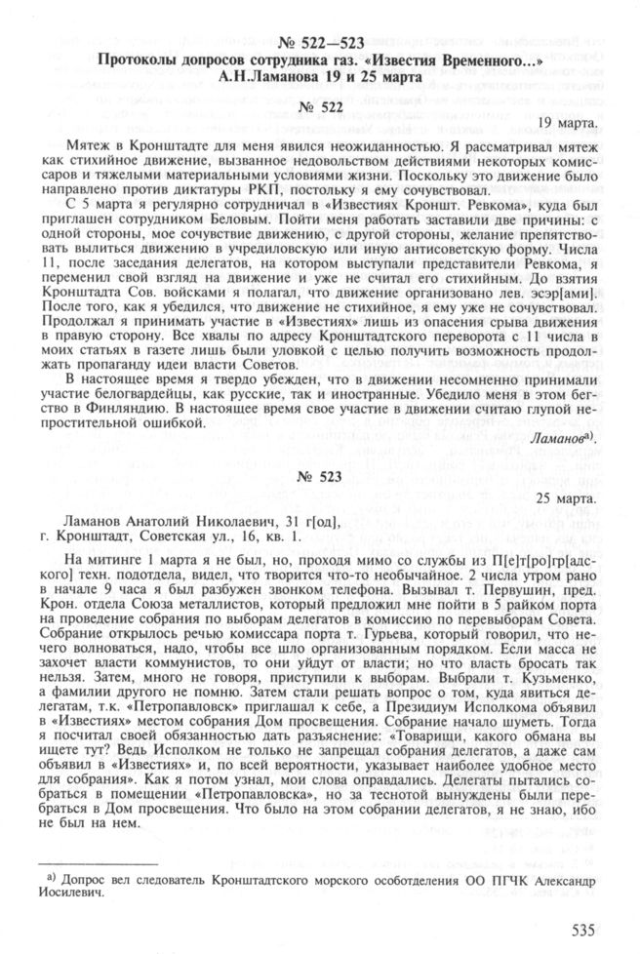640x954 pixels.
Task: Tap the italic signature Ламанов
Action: pyautogui.click(x=561, y=441)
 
